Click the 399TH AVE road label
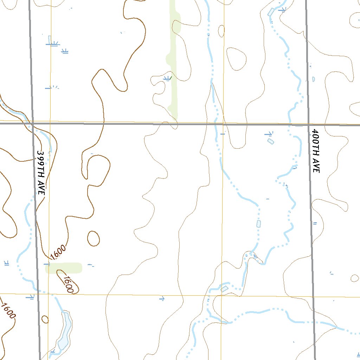click(41, 173)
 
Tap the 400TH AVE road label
click(315, 150)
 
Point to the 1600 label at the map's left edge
click(8, 311)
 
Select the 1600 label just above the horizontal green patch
click(58, 252)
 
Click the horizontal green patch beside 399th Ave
click(64, 268)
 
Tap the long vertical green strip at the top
click(173, 60)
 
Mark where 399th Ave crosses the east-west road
click(33, 124)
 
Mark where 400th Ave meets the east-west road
click(308, 124)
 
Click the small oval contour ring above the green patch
click(93, 239)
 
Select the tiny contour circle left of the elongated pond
click(45, 319)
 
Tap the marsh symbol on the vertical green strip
click(168, 78)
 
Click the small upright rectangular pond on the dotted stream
click(259, 224)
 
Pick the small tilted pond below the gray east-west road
click(270, 141)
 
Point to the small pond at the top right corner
click(271, 12)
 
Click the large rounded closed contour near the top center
click(236, 59)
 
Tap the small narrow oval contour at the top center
click(221, 31)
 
